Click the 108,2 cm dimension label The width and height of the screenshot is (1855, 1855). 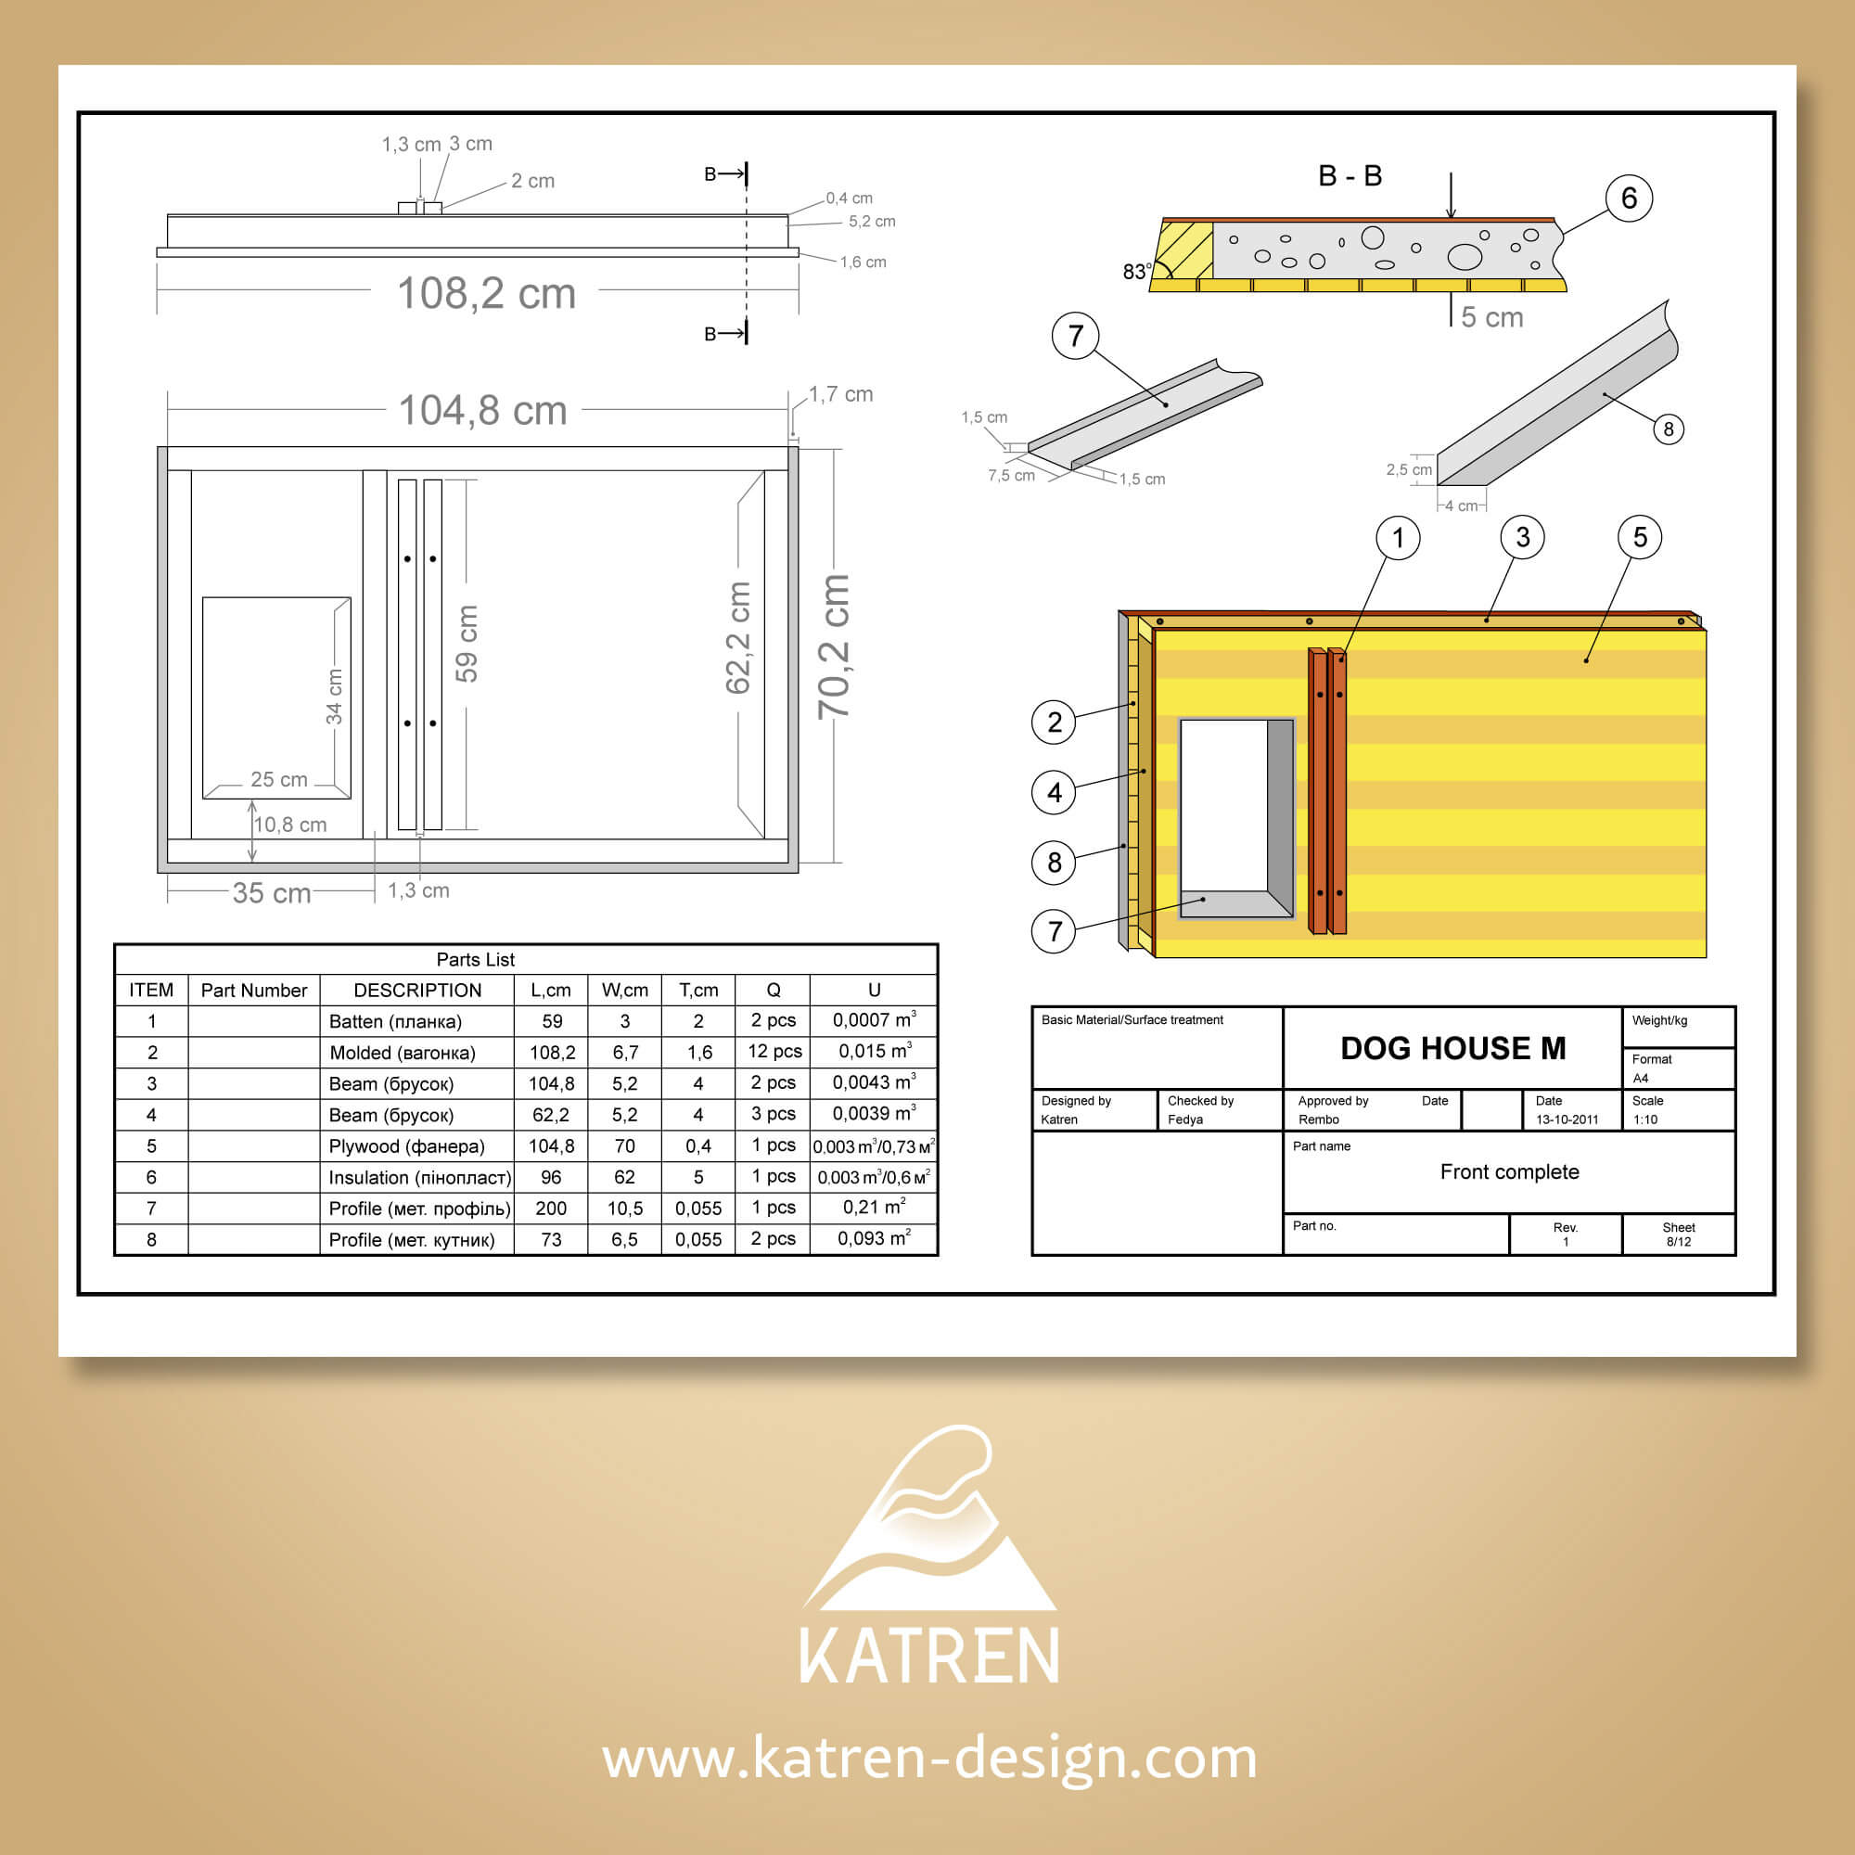tap(486, 293)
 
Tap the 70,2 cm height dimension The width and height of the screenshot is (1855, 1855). tap(834, 646)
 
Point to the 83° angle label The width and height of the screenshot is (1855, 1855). tap(1137, 272)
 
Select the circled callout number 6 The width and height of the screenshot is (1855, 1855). tap(1629, 198)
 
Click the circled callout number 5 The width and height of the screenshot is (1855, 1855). tap(1639, 537)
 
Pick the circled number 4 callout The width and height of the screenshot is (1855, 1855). tap(1055, 792)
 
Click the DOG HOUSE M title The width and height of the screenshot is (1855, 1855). tap(1452, 1047)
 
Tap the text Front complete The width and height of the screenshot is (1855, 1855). tap(1509, 1171)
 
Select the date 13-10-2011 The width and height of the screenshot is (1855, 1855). tap(1567, 1119)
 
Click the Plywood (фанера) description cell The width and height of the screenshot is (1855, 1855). tap(406, 1146)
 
